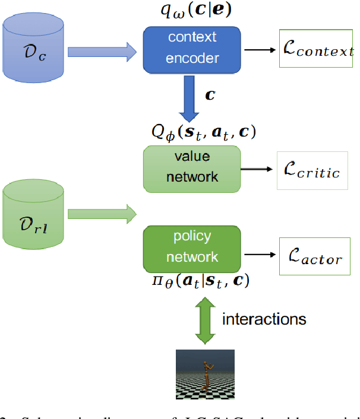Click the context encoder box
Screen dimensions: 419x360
(192, 47)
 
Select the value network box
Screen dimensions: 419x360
(192, 168)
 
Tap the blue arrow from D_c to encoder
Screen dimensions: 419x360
(102, 52)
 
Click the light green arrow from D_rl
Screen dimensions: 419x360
(102, 214)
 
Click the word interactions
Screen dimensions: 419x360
(264, 319)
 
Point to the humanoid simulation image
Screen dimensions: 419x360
(205, 374)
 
